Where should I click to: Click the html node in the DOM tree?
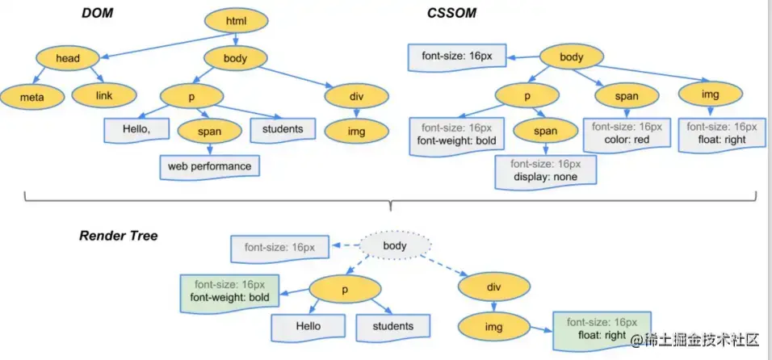pyautogui.click(x=236, y=21)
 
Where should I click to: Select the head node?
pyautogui.click(x=68, y=59)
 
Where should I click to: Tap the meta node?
pyautogui.click(x=32, y=97)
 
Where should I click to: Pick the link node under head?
pyautogui.click(x=104, y=95)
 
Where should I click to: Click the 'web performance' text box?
pyautogui.click(x=209, y=167)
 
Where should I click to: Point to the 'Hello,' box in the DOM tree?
pyautogui.click(x=137, y=130)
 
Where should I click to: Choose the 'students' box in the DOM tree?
pyautogui.click(x=283, y=130)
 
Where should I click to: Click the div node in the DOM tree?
pyautogui.click(x=357, y=96)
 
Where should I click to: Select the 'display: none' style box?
pyautogui.click(x=546, y=171)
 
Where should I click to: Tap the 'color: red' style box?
pyautogui.click(x=627, y=133)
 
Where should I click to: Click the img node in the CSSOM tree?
pyautogui.click(x=710, y=94)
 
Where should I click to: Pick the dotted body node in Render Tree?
pyautogui.click(x=396, y=245)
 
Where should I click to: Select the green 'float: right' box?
pyautogui.click(x=602, y=330)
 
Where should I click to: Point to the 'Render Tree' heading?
pyautogui.click(x=119, y=236)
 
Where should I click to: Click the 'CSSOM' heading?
pyautogui.click(x=451, y=13)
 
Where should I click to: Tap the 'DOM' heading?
pyautogui.click(x=98, y=13)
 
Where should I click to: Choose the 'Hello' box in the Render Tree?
pyautogui.click(x=308, y=327)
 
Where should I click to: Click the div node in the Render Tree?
pyautogui.click(x=494, y=287)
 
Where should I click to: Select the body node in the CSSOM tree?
pyautogui.click(x=572, y=57)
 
